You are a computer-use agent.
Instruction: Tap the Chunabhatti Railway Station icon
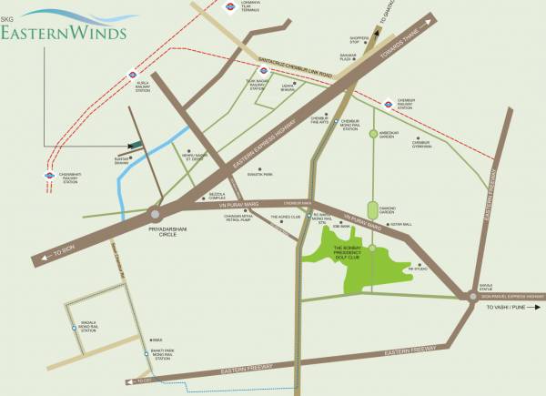49,176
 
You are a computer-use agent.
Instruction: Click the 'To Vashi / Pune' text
511,309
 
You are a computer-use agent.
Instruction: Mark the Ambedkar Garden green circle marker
372,134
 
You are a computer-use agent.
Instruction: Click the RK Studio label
418,269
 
